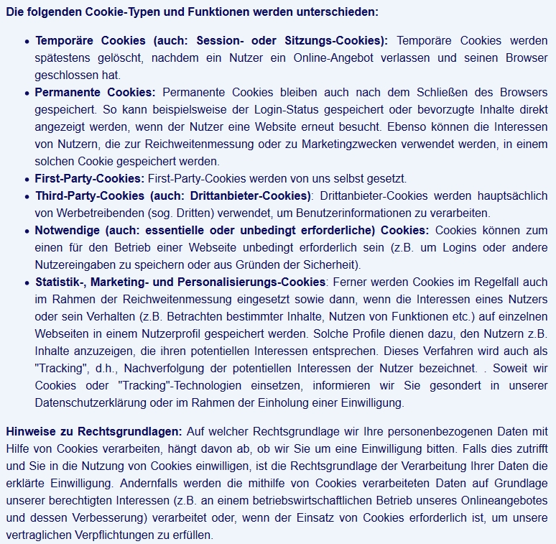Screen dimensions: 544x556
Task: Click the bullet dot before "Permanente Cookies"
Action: (x=27, y=93)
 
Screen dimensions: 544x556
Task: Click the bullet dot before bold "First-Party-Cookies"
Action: (x=27, y=179)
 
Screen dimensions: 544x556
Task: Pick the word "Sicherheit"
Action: (x=323, y=264)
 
